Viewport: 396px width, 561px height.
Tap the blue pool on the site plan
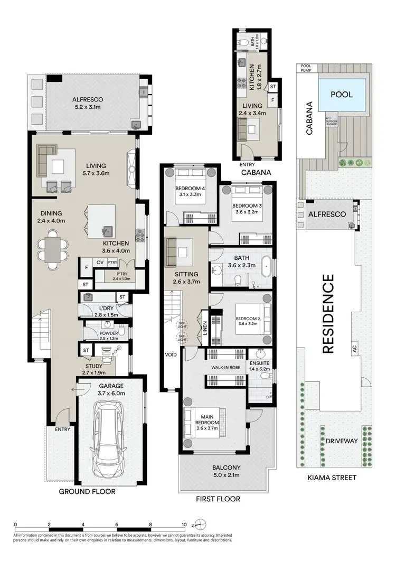click(342, 95)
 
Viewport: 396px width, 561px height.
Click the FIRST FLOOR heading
click(218, 499)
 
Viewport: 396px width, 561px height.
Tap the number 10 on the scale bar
click(184, 525)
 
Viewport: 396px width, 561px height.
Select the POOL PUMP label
click(306, 67)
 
